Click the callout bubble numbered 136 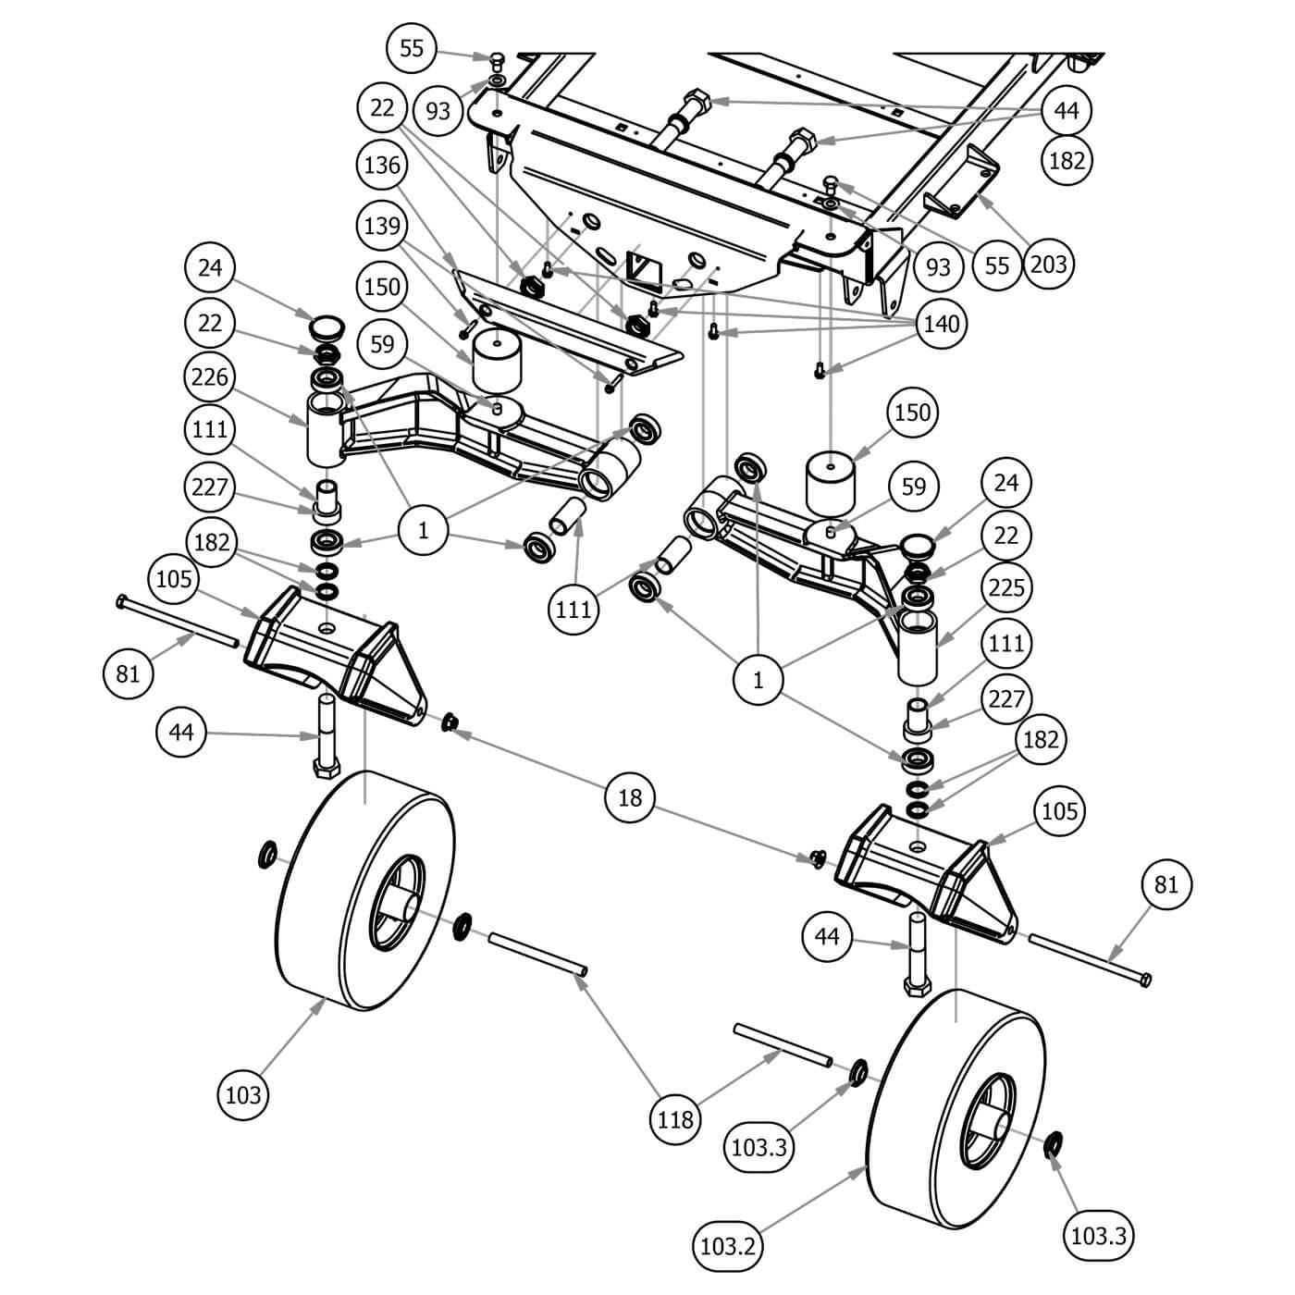382,166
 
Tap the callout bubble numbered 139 382,226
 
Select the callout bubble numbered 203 1049,265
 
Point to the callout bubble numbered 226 210,377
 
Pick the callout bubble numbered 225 1005,587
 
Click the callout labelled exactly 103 243,1095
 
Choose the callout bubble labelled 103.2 729,1246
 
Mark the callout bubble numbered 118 675,1120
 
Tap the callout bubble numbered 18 629,796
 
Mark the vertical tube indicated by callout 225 919,647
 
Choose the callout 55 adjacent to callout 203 997,265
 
